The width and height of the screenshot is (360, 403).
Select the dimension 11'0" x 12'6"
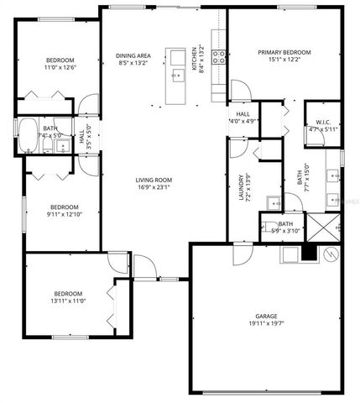coord(60,67)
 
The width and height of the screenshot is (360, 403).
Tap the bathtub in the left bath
coord(29,134)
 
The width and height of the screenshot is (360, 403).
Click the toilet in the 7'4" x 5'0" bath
coord(61,145)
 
